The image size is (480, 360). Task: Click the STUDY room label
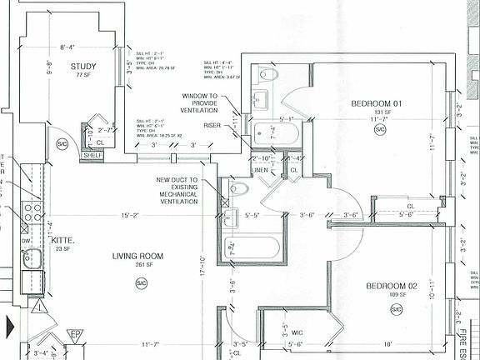(84, 67)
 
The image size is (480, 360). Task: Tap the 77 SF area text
(83, 75)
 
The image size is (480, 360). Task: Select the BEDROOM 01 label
(377, 103)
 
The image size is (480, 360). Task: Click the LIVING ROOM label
(138, 256)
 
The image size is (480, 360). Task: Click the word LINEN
(259, 170)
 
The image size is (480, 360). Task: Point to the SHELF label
(92, 154)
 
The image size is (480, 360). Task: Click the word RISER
(212, 125)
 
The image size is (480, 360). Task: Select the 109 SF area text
(395, 295)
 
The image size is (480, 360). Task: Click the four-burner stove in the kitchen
(31, 212)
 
